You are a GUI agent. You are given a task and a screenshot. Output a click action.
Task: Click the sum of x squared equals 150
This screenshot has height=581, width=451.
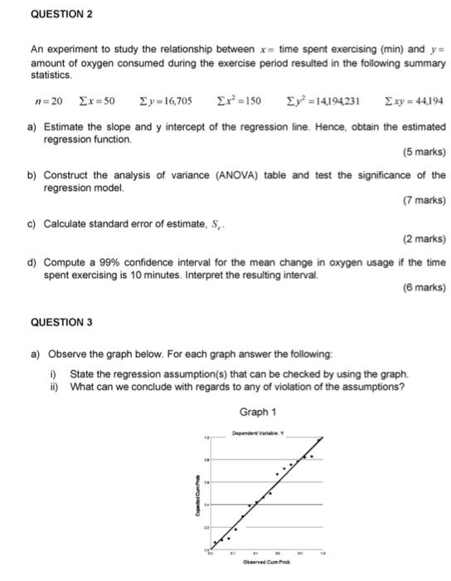pyautogui.click(x=239, y=101)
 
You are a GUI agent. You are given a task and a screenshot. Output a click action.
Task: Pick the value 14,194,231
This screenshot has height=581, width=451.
pyautogui.click(x=331, y=101)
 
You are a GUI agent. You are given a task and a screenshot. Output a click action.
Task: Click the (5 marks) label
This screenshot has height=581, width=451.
pyautogui.click(x=423, y=153)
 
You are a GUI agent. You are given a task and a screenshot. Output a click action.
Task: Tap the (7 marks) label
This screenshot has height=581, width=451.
pyautogui.click(x=423, y=200)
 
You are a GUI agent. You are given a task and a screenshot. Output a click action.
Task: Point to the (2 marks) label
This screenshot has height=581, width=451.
pyautogui.click(x=423, y=239)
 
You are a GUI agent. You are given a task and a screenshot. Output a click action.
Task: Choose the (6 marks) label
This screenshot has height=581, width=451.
pyautogui.click(x=423, y=287)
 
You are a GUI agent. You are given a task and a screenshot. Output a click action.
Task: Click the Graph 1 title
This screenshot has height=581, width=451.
pyautogui.click(x=257, y=412)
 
